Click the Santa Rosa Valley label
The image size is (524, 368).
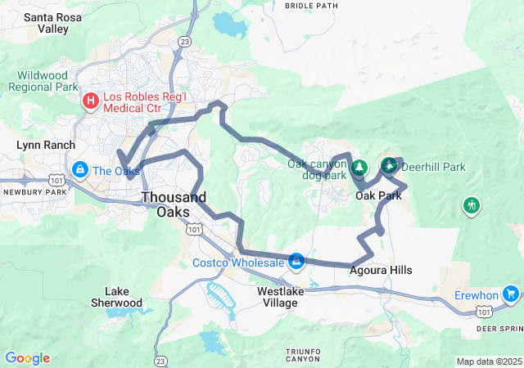point(47,22)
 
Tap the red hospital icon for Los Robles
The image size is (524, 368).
point(89,101)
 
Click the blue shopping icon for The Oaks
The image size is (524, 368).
point(79,170)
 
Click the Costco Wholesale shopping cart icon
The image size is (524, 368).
point(296,262)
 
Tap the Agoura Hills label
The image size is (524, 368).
point(381,270)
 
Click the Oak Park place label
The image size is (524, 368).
point(378,196)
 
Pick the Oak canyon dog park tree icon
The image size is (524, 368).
point(359,168)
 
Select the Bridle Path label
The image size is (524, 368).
point(311,5)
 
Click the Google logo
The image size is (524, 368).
point(27,358)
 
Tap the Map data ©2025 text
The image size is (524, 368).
point(489,361)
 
